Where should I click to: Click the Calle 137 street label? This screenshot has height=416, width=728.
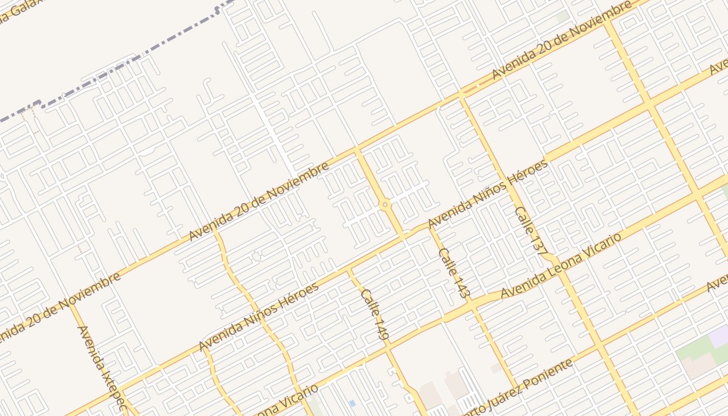click(x=530, y=229)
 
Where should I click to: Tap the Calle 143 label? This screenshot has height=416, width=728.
click(x=454, y=272)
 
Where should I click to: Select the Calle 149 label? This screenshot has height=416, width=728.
click(x=375, y=314)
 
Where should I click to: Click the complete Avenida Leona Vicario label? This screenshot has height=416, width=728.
click(x=561, y=266)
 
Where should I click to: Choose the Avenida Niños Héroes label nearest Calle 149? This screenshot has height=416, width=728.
click(x=258, y=317)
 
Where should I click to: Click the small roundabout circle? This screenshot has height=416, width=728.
click(x=385, y=205)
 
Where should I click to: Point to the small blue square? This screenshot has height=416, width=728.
click(x=353, y=403)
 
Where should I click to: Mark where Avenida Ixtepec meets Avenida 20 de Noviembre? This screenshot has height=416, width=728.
click(x=71, y=304)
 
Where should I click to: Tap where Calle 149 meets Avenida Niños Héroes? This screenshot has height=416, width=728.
click(x=348, y=271)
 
